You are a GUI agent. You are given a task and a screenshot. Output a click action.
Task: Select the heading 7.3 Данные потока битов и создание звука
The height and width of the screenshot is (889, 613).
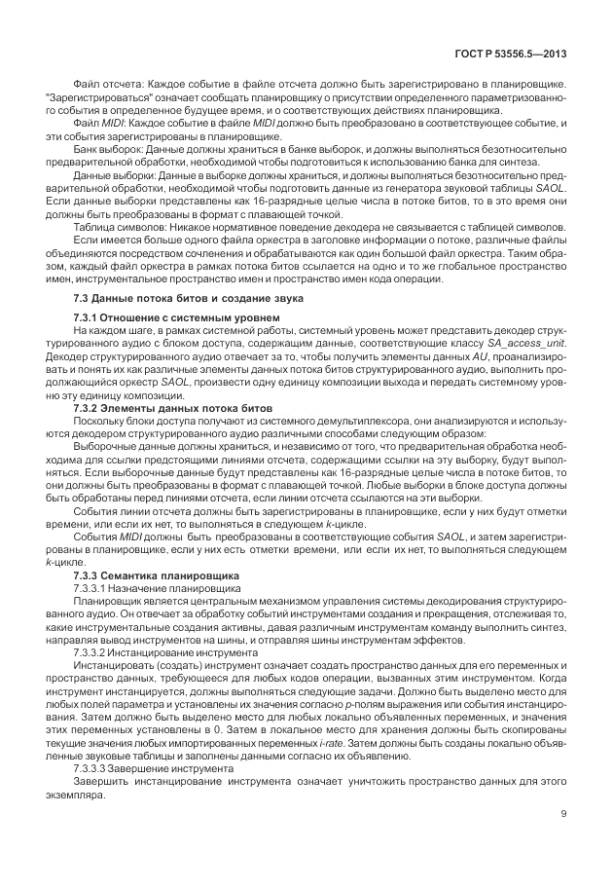pos(189,297)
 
